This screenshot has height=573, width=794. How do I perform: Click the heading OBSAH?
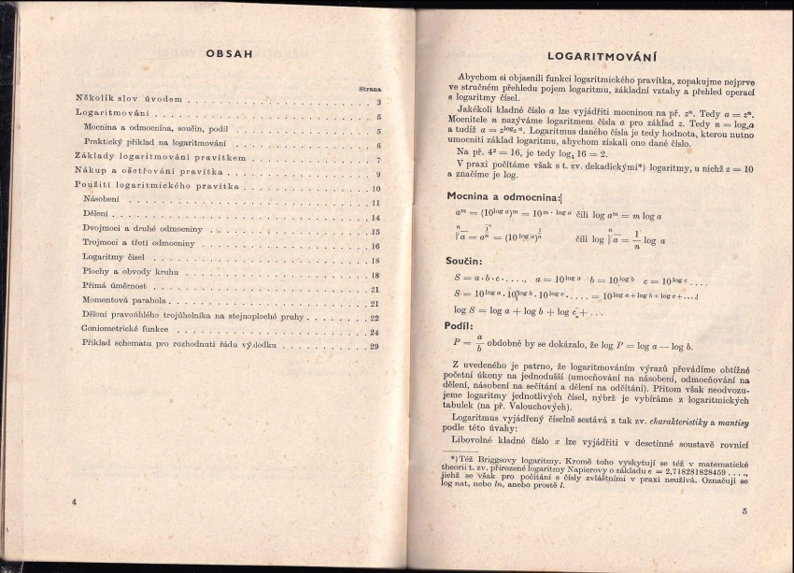pyautogui.click(x=229, y=53)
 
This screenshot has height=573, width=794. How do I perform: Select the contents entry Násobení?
pyautogui.click(x=100, y=202)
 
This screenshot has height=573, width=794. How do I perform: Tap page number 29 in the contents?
pyautogui.click(x=374, y=347)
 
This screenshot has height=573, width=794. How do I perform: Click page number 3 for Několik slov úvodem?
pyautogui.click(x=377, y=102)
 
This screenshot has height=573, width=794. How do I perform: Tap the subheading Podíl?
pyautogui.click(x=460, y=326)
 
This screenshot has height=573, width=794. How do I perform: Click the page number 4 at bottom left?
pyautogui.click(x=73, y=502)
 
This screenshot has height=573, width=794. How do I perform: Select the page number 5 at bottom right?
pyautogui.click(x=744, y=511)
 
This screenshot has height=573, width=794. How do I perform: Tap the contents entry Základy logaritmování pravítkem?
pyautogui.click(x=160, y=159)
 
